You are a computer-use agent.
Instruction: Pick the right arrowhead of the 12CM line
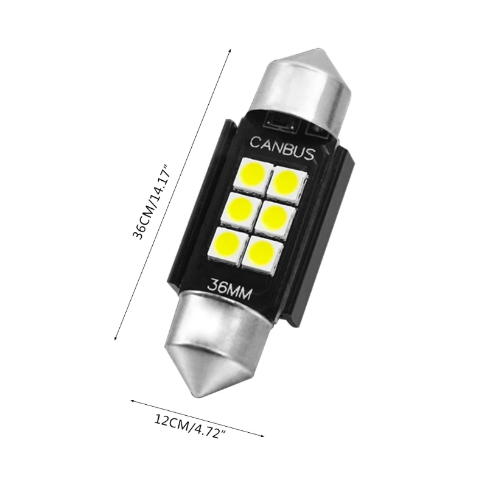click(264, 436)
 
